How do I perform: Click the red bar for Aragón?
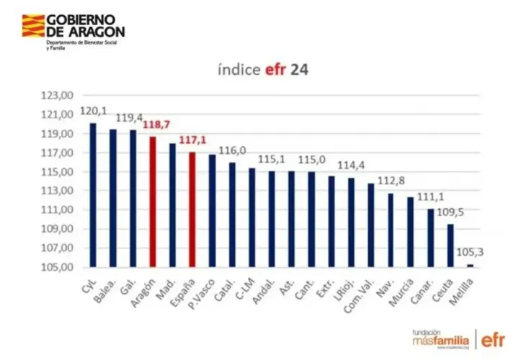point(153,202)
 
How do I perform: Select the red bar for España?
point(192,210)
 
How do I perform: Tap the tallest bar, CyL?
point(93,195)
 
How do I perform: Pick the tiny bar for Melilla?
point(471,266)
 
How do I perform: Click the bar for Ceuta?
point(450,246)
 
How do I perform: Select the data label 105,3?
point(470,253)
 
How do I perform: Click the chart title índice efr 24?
point(263,71)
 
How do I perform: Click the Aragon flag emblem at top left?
point(33,26)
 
